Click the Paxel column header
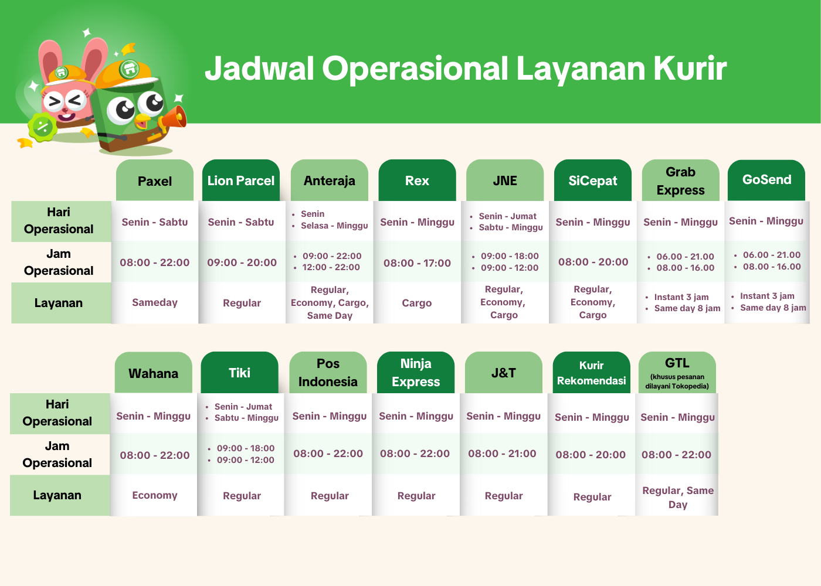[155, 180]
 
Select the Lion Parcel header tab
[241, 180]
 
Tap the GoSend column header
[766, 180]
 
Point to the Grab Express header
[681, 180]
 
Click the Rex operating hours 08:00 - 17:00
[417, 263]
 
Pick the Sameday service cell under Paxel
[155, 302]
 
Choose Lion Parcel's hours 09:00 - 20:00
[242, 263]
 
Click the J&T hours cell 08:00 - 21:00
[502, 454]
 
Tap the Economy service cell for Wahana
[155, 495]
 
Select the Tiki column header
[240, 373]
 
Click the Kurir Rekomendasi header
[592, 373]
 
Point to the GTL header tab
[677, 373]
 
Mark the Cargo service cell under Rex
[417, 303]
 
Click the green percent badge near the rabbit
[43, 127]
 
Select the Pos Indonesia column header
[328, 373]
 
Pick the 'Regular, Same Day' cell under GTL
[678, 498]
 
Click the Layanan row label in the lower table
[57, 495]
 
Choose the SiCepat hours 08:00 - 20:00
[593, 262]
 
